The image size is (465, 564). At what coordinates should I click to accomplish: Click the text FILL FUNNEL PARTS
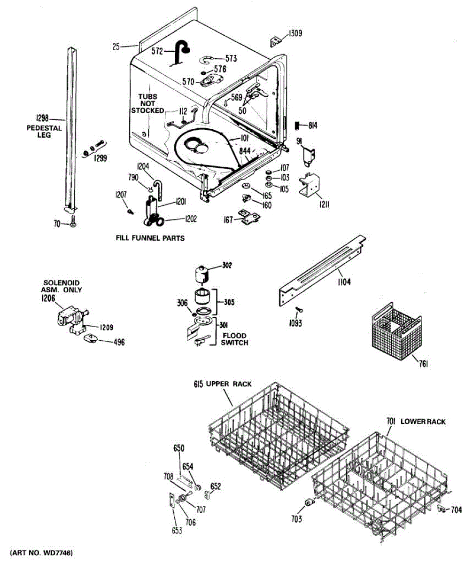pos(150,238)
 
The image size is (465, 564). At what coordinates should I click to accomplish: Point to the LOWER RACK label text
pos(423,422)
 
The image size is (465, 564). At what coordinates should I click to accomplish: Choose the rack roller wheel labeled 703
pos(309,503)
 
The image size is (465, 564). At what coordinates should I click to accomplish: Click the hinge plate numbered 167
pos(248,217)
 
